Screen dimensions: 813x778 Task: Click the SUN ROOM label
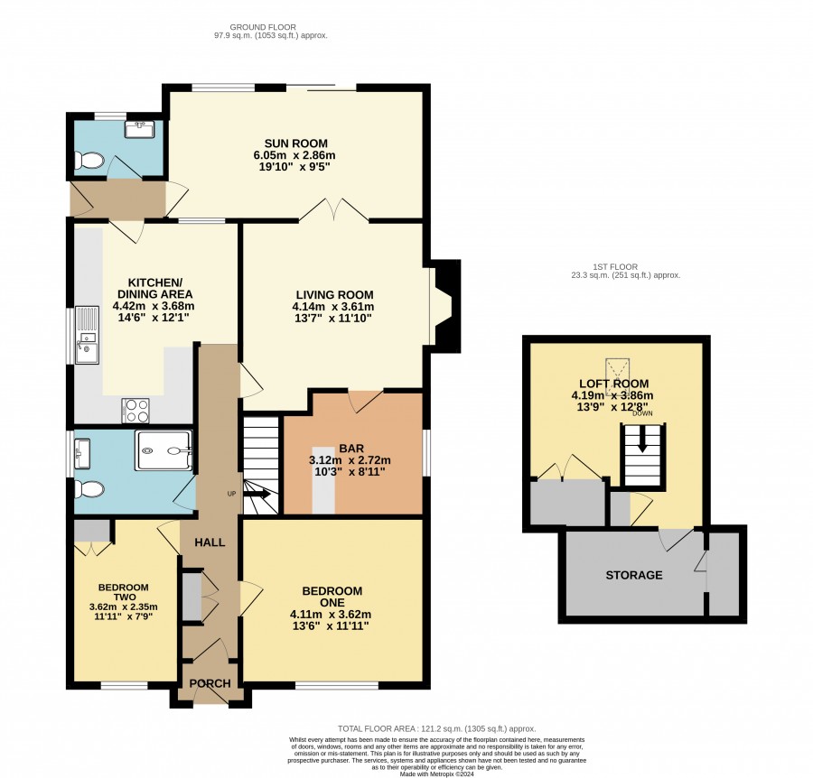coord(296,144)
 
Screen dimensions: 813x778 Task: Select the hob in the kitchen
coord(135,411)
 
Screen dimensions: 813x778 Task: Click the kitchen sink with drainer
coord(87,335)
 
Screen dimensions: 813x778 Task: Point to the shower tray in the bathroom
coord(164,450)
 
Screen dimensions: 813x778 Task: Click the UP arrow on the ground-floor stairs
coord(257,494)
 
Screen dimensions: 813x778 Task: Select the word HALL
coord(210,542)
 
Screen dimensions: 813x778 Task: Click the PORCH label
coord(210,683)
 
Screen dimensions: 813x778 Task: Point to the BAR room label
coord(351,448)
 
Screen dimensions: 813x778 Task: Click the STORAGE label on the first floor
coord(634,575)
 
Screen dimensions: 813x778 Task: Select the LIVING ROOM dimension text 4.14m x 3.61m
coord(332,306)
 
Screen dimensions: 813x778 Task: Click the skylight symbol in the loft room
coord(617,377)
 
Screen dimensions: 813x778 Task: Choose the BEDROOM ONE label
coord(332,597)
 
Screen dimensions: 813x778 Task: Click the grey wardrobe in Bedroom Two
coord(92,531)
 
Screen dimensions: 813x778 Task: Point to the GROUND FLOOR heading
coord(263,27)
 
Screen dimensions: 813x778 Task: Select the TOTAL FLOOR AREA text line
coord(436,728)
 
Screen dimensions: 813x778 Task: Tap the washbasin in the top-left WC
coord(139,129)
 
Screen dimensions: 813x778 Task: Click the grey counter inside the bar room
coord(323,479)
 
